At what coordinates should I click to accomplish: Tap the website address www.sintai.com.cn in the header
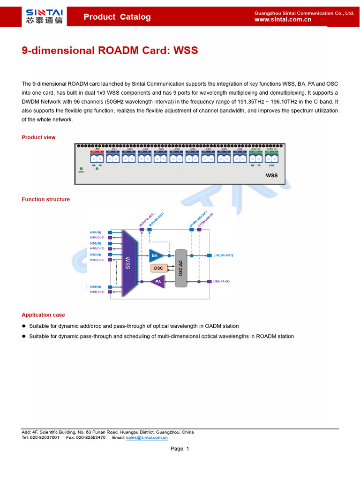283,20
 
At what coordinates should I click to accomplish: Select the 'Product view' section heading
38,137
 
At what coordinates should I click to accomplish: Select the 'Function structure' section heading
45,199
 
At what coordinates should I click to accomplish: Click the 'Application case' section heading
43,315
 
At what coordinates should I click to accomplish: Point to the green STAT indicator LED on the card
81,168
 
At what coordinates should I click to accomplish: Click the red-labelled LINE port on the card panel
97,157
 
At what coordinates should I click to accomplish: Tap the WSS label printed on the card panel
272,176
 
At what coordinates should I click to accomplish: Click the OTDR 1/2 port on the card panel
272,157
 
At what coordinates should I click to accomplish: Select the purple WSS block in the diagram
127,262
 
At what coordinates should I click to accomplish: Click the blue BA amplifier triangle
156,255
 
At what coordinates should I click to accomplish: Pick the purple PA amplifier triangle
157,282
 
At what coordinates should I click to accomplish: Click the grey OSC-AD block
180,268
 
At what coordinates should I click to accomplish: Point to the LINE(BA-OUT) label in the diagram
223,255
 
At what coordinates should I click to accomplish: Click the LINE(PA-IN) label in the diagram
222,282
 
